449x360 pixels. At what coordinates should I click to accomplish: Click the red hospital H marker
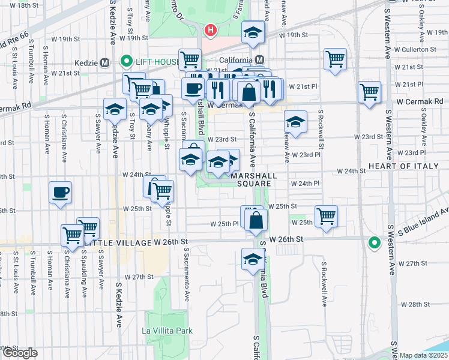pos(210,29)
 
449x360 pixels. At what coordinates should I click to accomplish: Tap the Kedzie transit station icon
pos(105,62)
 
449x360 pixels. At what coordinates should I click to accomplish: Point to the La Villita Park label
pos(167,331)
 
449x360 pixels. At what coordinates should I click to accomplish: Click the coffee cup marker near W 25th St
pos(60,193)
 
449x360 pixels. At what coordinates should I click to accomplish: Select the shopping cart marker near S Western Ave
pos(369,92)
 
